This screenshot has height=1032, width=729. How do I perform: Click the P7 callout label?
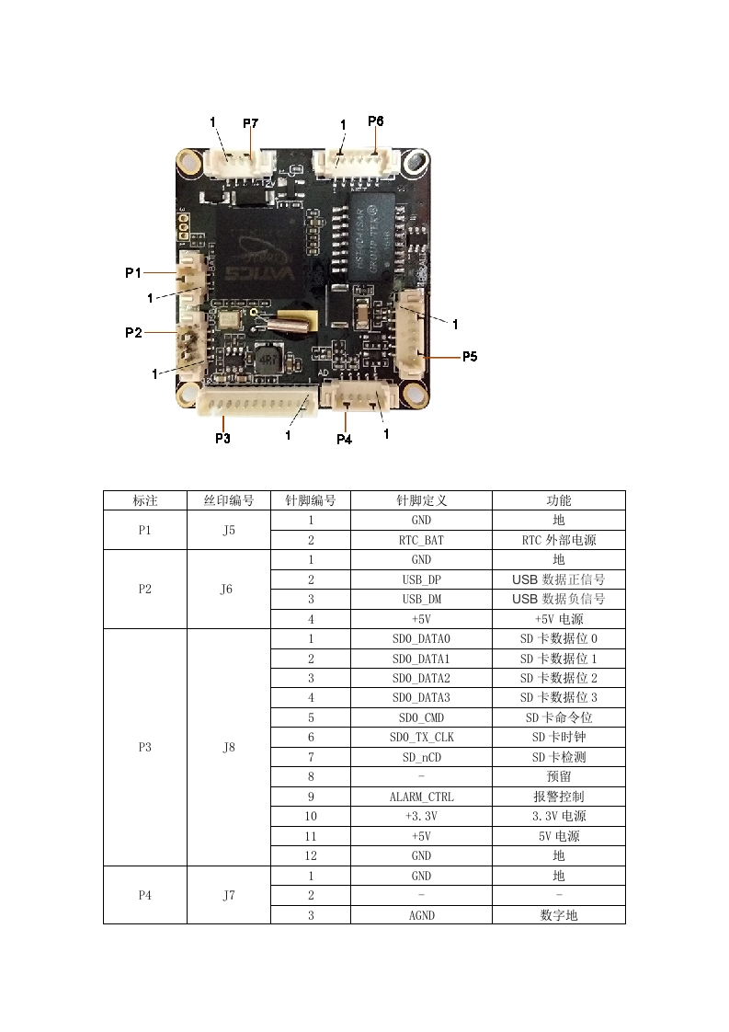250,122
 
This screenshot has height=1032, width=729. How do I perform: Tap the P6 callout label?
375,120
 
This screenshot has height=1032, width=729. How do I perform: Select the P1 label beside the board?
133,272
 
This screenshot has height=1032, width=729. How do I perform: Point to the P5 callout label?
470,355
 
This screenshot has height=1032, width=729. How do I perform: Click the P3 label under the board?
222,438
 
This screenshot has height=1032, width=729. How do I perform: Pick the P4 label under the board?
344,439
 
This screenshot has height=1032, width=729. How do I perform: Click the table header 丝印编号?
228,500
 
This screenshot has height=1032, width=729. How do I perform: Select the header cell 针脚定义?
421,500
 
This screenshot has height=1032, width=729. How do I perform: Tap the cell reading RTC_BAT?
421,540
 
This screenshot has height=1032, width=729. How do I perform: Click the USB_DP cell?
421,579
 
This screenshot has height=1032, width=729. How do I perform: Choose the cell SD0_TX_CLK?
421,737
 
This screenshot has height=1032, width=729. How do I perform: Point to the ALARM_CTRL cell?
421,797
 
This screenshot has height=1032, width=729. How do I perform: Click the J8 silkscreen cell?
228,747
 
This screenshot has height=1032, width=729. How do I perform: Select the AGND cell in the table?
421,915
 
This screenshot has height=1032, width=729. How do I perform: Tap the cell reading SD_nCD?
421,757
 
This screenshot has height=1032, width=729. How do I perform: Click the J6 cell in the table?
228,590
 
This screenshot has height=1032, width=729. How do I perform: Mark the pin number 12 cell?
311,855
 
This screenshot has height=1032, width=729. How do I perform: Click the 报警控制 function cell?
558,797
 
